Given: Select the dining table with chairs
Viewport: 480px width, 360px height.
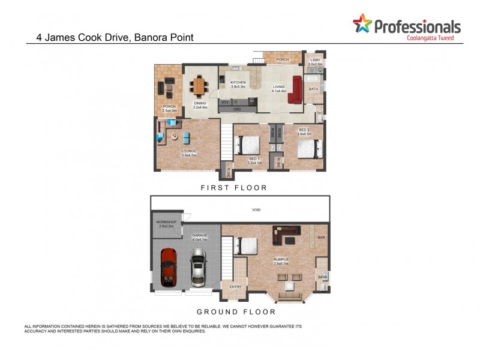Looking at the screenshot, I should coord(199,86).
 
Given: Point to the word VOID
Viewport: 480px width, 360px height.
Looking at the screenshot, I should coord(257,210).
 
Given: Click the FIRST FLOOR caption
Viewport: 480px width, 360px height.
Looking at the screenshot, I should coord(234,188).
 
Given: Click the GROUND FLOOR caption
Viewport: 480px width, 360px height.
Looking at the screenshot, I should coord(236,312).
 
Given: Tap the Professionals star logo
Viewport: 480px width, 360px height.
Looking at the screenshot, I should coord(362,24).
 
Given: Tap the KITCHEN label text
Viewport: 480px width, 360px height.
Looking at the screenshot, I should coord(238,83).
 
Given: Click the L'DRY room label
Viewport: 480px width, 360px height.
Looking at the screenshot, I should coord(316,61).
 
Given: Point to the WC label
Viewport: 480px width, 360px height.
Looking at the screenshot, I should coord(320,113).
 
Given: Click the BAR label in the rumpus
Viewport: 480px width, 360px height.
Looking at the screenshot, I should coord(321,238).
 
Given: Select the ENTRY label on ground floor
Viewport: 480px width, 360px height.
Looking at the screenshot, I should coord(235,286).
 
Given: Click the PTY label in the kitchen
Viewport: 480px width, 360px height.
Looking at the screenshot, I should coord(225,103).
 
